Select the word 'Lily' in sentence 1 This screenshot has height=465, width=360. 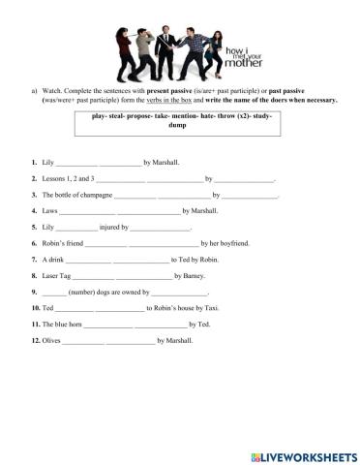[x=49, y=163]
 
